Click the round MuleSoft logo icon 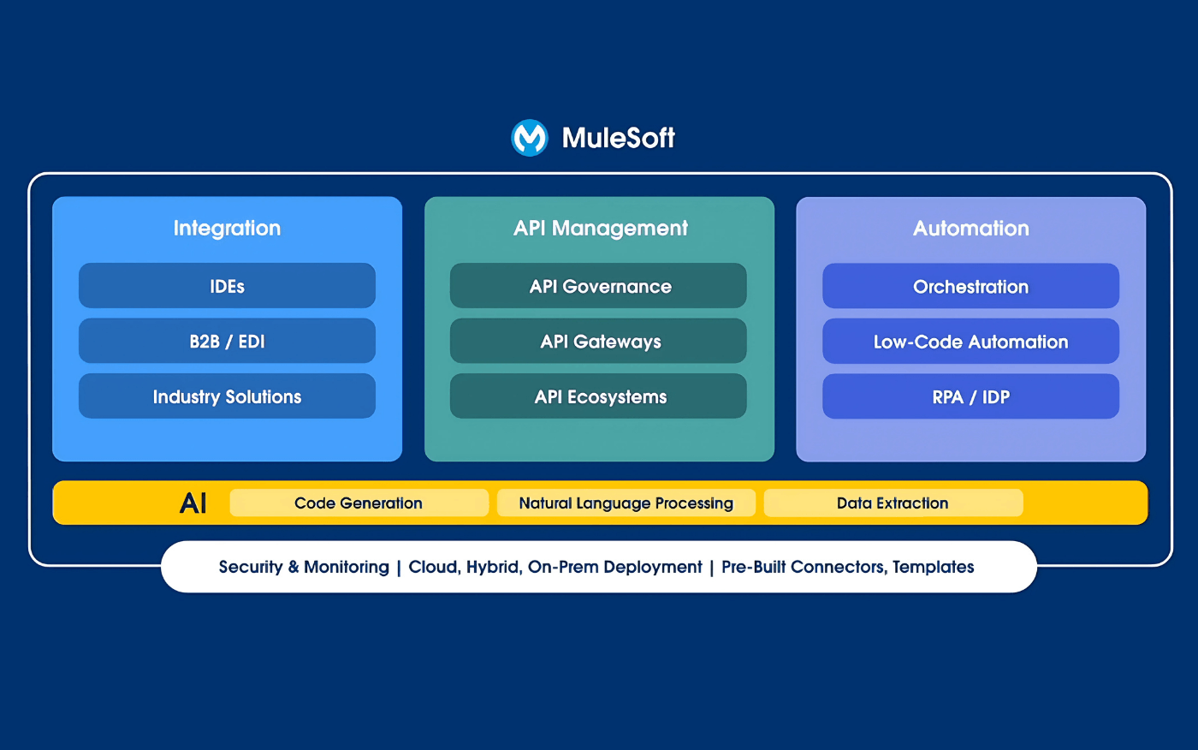(x=529, y=137)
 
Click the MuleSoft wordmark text (x=618, y=138)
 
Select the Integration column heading (x=227, y=228)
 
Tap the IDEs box (x=227, y=286)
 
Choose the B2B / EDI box (x=227, y=341)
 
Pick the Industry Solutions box (x=227, y=396)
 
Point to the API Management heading (x=600, y=228)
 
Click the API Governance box (x=598, y=286)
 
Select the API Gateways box (x=598, y=341)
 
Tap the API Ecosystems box (x=598, y=396)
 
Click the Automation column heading (x=970, y=228)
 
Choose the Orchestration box (x=970, y=286)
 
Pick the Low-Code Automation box (x=970, y=342)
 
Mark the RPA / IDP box (x=970, y=396)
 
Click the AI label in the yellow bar (x=193, y=503)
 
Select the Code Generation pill (x=359, y=503)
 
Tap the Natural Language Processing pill (x=626, y=503)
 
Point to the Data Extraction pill (x=893, y=503)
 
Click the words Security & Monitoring (x=304, y=567)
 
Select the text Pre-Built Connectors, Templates (x=847, y=567)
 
